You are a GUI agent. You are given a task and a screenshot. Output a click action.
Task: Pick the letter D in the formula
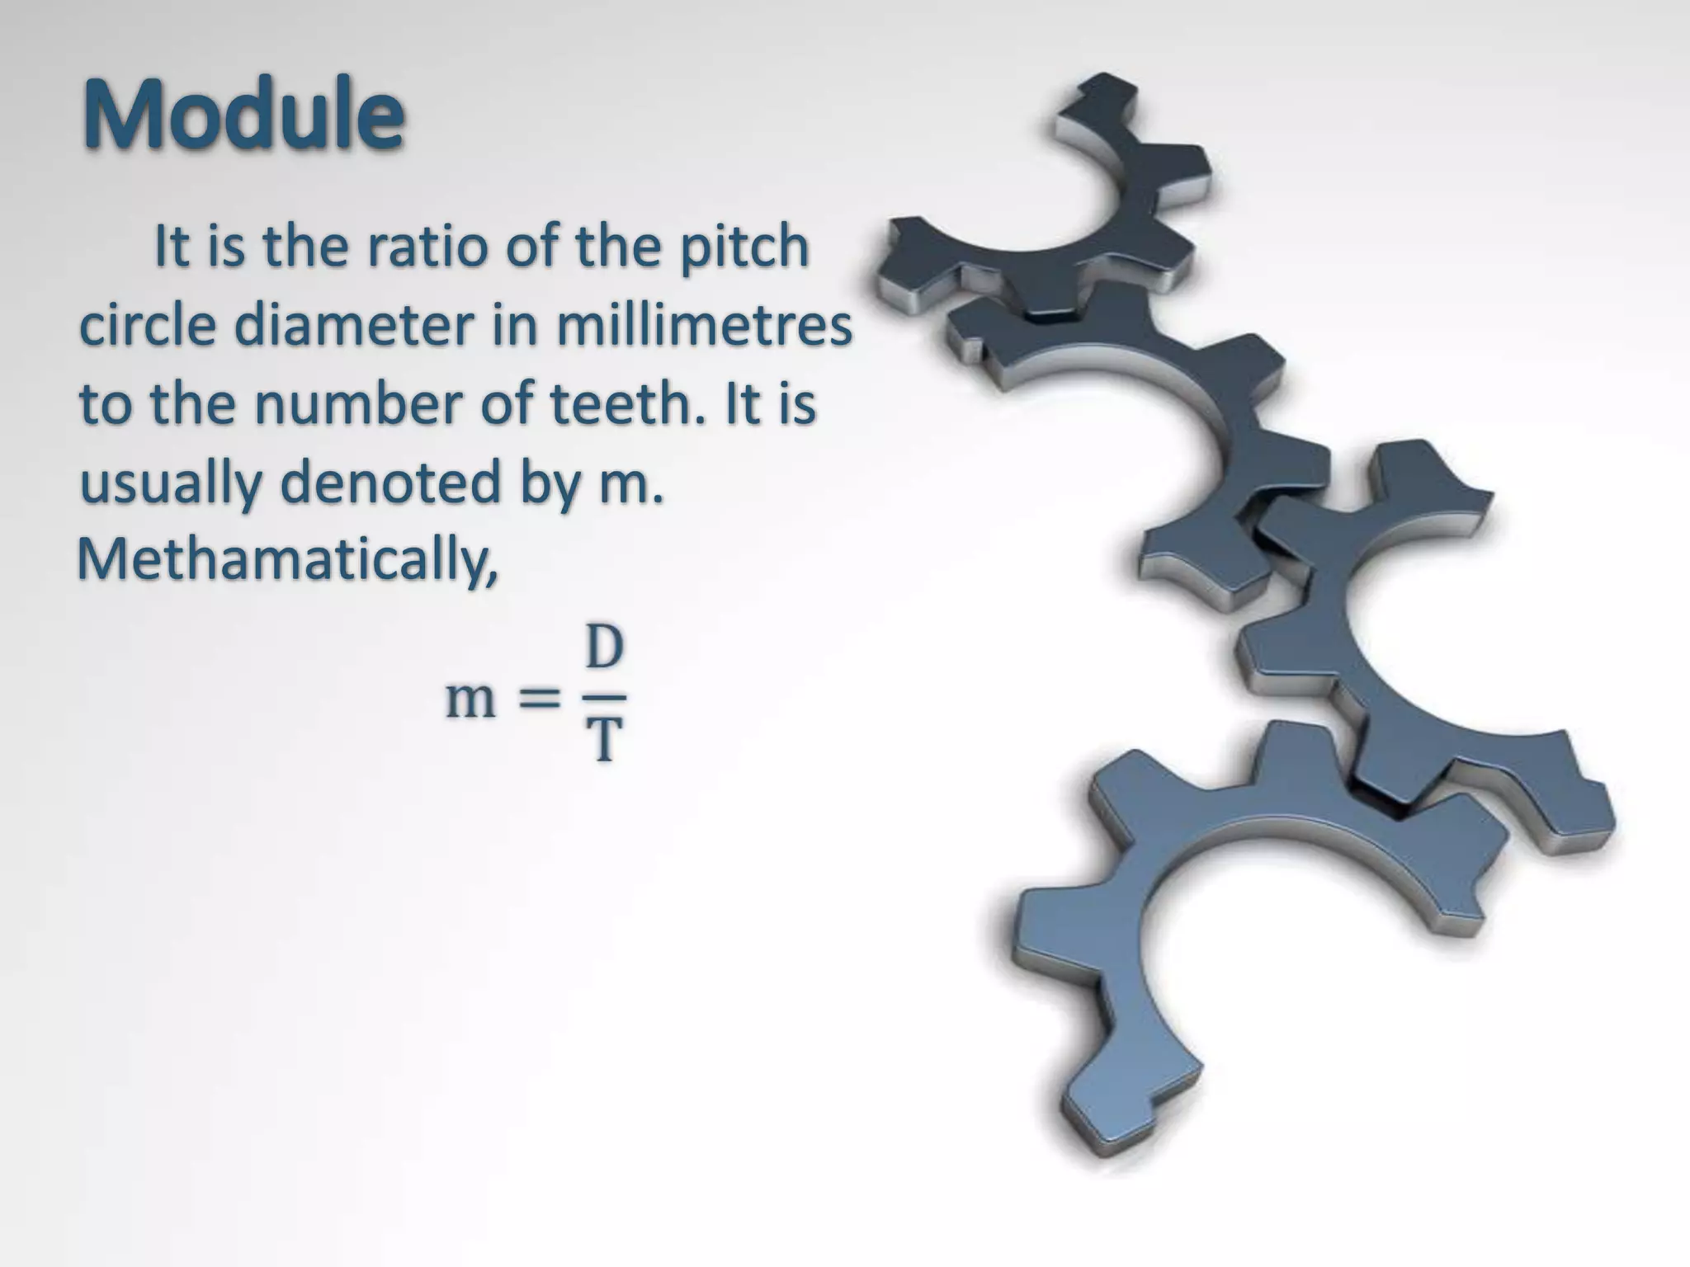pyautogui.click(x=604, y=648)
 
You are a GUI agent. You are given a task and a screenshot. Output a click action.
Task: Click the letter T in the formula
pyautogui.click(x=604, y=740)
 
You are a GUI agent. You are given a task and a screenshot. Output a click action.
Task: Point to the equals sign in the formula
pyautogui.click(x=537, y=699)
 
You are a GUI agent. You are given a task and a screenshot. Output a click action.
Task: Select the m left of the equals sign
pyautogui.click(x=470, y=699)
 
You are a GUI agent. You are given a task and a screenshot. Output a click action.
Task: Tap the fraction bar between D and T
pyautogui.click(x=604, y=697)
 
